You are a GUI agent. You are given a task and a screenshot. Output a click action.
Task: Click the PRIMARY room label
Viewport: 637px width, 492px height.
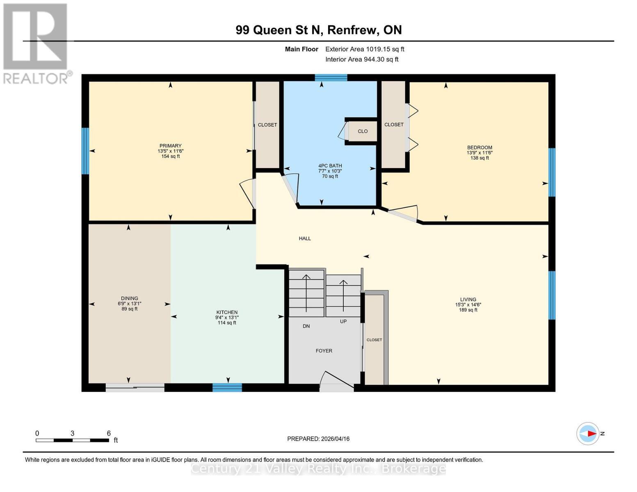[170, 146]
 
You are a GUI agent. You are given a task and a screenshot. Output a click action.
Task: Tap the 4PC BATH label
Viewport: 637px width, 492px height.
[330, 166]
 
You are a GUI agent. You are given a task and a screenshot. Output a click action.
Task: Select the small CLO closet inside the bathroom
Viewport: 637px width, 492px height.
[362, 131]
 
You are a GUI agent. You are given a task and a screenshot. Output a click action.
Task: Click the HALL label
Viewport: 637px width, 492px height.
[305, 238]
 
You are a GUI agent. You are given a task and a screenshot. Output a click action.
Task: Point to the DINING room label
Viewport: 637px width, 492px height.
[129, 298]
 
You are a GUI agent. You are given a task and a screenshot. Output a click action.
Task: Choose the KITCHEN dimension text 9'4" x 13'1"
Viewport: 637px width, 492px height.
[227, 317]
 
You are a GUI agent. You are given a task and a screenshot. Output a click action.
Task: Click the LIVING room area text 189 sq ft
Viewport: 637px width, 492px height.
[468, 310]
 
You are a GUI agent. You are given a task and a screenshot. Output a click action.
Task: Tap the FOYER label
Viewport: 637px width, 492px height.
[324, 351]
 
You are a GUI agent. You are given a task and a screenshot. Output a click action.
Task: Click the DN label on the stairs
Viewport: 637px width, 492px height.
[306, 326]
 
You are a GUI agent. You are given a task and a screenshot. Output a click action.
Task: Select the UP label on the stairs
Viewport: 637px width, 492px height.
[343, 321]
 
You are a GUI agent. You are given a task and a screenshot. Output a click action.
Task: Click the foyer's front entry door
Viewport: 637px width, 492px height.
[336, 383]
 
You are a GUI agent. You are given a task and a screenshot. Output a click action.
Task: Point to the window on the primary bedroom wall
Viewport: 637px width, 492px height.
[85, 151]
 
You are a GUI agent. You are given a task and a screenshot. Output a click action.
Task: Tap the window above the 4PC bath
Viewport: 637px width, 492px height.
[331, 78]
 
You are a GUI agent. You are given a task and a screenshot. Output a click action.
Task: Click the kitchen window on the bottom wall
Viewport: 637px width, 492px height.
[227, 387]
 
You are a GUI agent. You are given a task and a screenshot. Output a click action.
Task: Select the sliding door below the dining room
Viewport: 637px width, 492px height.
[135, 387]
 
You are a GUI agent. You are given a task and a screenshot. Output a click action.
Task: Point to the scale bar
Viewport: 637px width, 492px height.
[72, 440]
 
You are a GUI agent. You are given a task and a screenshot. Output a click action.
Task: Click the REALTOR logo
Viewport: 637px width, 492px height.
[37, 43]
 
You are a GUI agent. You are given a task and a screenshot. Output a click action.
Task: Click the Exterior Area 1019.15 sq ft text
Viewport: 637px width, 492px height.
[365, 49]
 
